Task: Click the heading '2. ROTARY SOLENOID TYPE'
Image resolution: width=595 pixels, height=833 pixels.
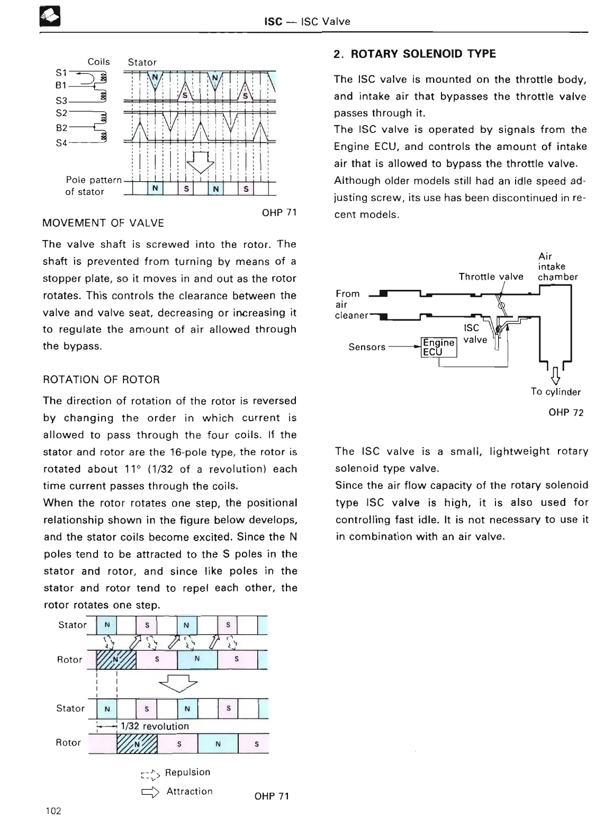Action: pos(414,54)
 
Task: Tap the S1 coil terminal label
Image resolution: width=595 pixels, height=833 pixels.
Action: pos(61,72)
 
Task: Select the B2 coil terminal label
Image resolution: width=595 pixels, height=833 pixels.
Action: pos(61,128)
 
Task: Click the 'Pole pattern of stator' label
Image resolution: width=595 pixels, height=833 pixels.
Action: pos(92,186)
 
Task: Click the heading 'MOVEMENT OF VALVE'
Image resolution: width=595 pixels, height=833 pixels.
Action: pos(103,223)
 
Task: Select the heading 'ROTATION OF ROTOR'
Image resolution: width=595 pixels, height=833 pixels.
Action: pos(101,379)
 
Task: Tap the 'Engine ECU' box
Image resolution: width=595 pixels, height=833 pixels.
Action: pos(438,347)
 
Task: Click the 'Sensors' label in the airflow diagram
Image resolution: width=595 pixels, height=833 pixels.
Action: pos(367,347)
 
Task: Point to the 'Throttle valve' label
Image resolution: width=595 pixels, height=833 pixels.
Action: pos(491,277)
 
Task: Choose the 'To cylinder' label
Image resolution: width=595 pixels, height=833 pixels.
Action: pos(555,392)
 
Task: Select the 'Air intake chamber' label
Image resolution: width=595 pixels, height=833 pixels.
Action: pos(557,267)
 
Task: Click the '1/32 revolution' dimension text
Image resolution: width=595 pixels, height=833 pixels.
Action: pos(155,726)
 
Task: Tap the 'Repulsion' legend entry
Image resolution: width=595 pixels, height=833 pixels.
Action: pos(187,773)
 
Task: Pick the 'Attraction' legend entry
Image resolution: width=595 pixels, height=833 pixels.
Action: pos(189,792)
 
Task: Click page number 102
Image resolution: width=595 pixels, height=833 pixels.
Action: pos(53,811)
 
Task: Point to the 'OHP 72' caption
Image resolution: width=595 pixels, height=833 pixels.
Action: pos(566,412)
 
